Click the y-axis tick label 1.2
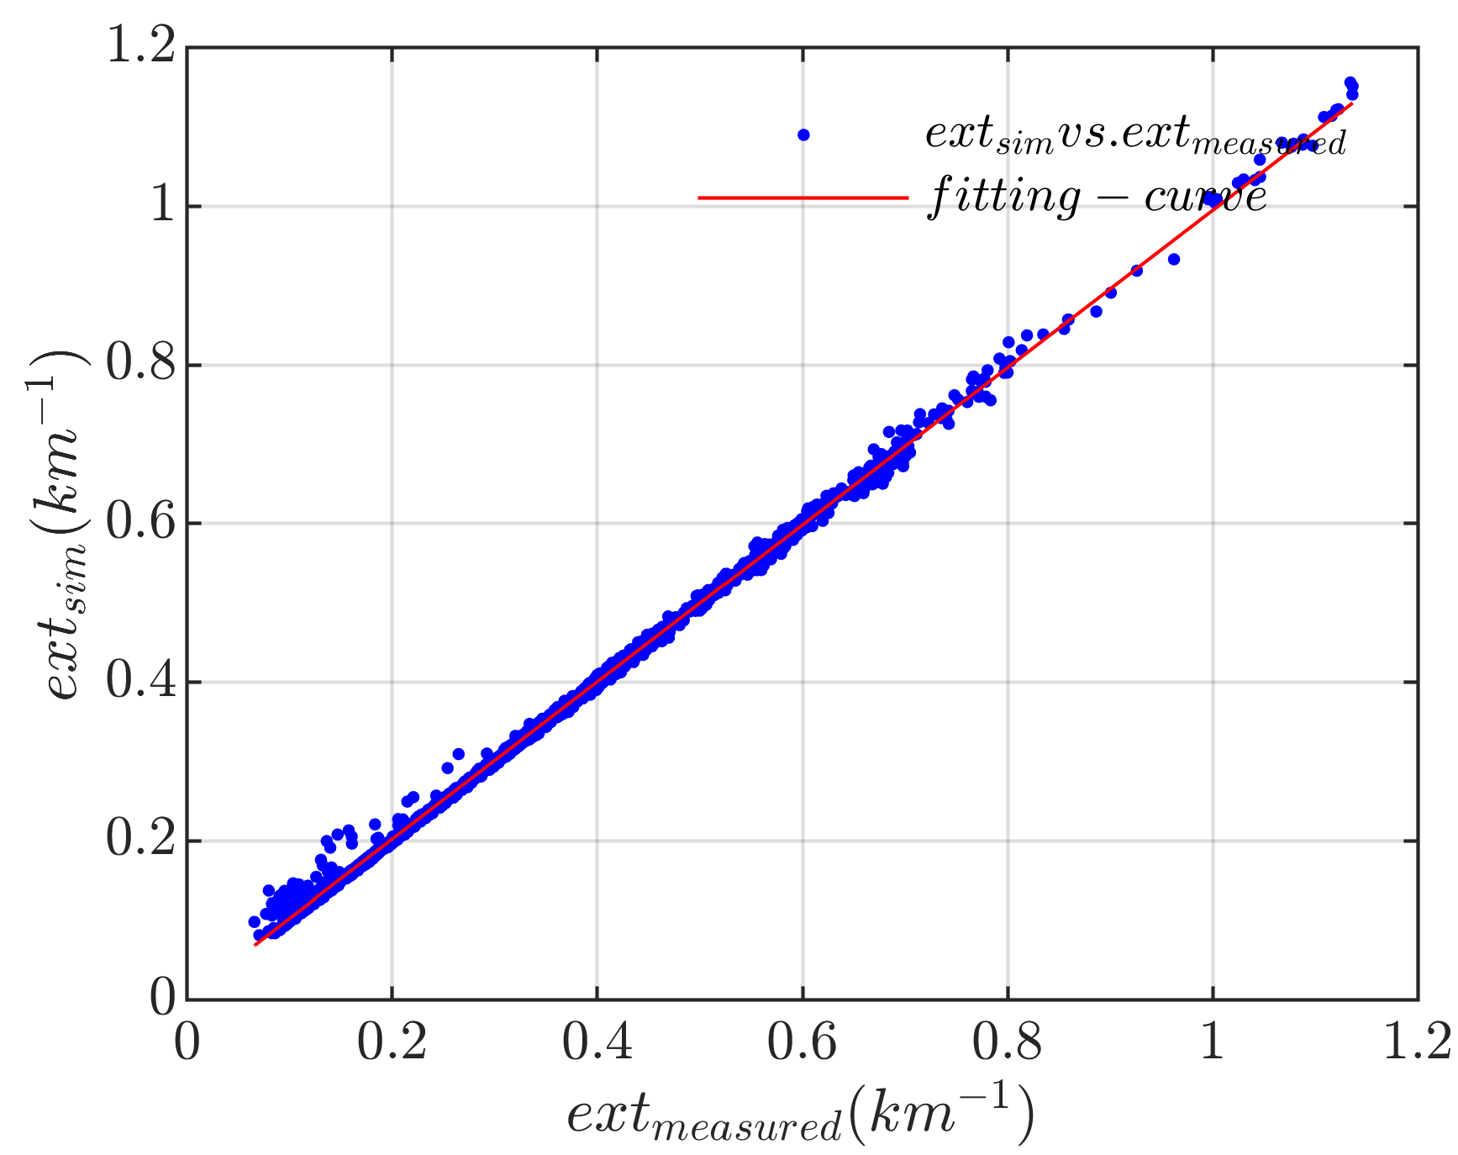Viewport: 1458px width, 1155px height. click(140, 46)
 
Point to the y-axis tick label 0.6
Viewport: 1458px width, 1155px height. click(140, 522)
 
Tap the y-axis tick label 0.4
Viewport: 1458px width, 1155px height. click(140, 681)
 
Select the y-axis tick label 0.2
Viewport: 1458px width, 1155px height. click(140, 840)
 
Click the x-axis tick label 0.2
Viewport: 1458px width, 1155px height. click(392, 1042)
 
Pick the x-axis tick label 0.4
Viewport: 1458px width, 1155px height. click(597, 1042)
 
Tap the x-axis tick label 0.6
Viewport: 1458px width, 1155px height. click(802, 1042)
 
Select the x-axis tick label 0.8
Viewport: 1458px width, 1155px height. click(1007, 1042)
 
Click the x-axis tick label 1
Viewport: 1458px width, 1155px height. click(1212, 1042)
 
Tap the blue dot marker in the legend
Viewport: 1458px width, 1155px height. click(803, 134)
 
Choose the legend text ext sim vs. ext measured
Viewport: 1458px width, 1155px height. click(1134, 134)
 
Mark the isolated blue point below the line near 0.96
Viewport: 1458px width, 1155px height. click(1174, 259)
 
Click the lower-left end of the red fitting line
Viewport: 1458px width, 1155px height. click(255, 945)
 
